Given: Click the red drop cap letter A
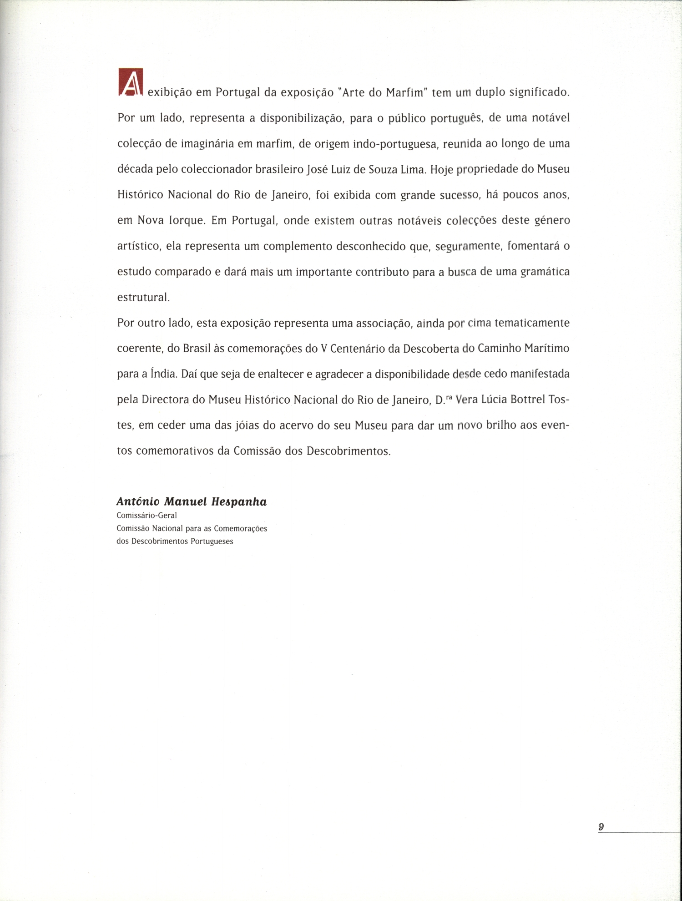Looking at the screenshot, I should (x=131, y=82).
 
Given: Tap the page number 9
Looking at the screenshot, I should (x=601, y=827).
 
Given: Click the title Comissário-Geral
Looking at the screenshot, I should (x=147, y=516).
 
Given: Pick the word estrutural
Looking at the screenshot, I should (x=143, y=298).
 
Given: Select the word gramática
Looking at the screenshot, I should (x=545, y=272).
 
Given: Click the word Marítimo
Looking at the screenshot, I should (x=546, y=349).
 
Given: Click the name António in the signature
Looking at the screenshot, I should (x=138, y=502).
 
